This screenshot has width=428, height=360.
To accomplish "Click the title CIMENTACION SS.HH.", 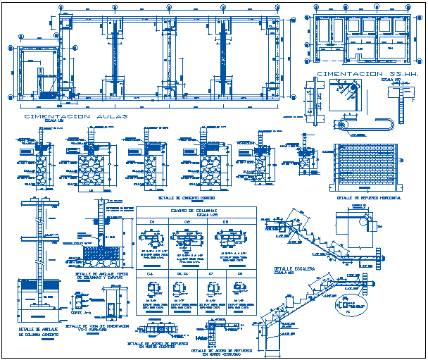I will point(358,74).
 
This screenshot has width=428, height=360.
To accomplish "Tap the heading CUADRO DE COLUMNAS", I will point(194,211).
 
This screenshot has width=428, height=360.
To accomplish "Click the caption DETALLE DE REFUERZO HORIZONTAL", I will point(364,198).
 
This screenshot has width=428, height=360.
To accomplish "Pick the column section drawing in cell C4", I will point(152,288).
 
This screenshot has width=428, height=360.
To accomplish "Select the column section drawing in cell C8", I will point(239,288).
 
